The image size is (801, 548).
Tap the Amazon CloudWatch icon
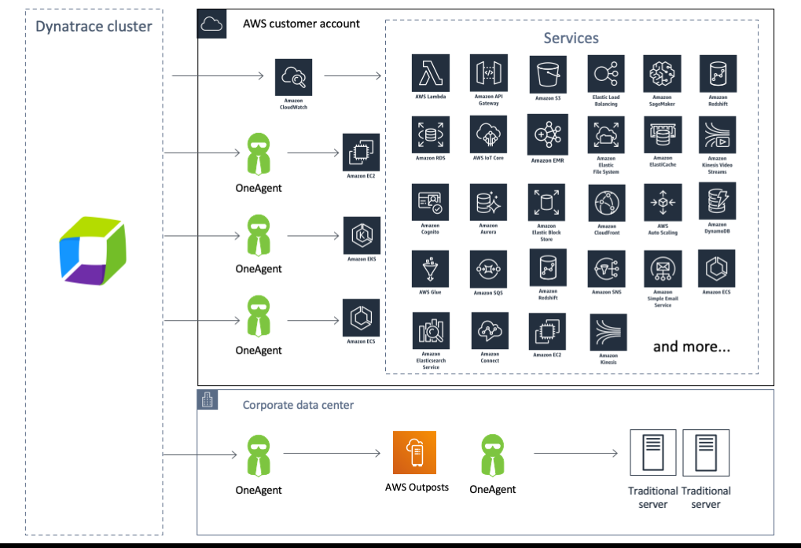(293, 77)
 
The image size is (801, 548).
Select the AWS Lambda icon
(431, 73)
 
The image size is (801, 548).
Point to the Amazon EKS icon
(362, 235)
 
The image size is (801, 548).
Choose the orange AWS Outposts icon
(414, 452)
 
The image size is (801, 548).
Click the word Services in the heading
(571, 38)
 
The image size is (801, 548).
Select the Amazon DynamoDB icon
(717, 201)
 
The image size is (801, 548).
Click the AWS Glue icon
(431, 270)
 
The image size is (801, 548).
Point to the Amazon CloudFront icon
(606, 204)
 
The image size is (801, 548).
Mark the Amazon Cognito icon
(431, 203)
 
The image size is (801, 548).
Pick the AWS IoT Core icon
(488, 135)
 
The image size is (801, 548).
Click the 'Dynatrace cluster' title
(94, 27)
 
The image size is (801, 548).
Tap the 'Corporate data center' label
(298, 405)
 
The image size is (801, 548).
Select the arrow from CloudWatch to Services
(352, 76)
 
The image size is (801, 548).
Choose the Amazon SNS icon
(606, 270)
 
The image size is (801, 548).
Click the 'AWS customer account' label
(301, 24)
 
